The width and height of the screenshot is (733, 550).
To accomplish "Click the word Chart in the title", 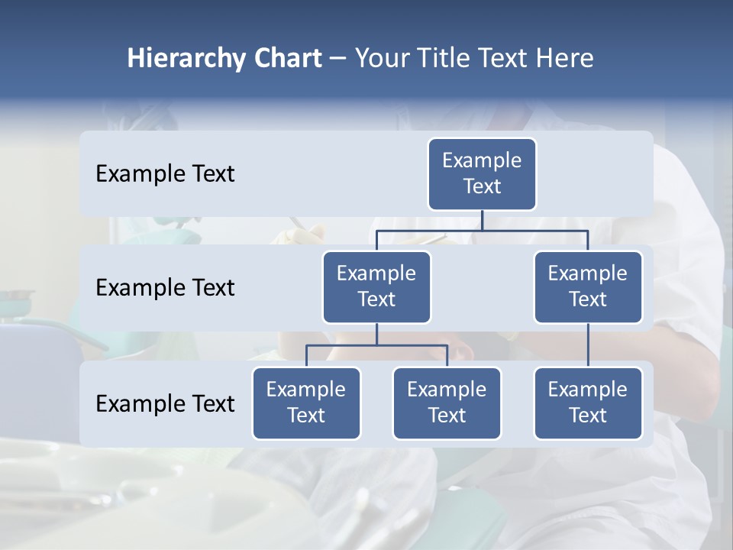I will coord(287,59).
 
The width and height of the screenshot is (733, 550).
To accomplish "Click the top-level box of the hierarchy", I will coord(482,174).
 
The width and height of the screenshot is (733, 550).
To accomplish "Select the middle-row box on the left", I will coord(376,287).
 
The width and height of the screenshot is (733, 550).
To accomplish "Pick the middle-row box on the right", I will coord(588,287).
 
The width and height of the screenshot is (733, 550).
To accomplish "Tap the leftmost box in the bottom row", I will coord(306,403).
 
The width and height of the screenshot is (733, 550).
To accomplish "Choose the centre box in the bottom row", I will coord(447,403).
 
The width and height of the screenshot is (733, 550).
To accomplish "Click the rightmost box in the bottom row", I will coord(588,403).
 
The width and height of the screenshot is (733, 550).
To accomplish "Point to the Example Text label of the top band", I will coord(165,174).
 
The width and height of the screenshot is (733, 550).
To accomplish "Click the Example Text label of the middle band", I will coord(165,288).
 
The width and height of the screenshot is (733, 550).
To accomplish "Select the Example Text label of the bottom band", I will coord(165,403).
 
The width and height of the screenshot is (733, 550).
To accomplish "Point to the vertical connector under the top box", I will coord(482,220).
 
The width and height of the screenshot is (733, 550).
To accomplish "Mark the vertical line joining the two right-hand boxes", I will coord(588,345).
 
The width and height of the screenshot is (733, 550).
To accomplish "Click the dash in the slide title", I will coord(338,59).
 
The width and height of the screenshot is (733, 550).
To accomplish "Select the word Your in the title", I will coord(381,59).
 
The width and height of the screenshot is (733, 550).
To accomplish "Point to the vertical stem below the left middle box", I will coord(376,335).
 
